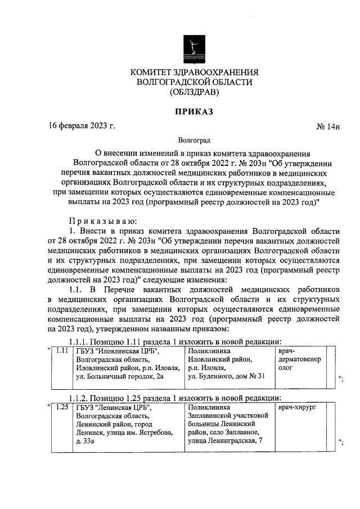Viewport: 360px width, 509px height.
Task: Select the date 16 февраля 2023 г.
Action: pos(82,126)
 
